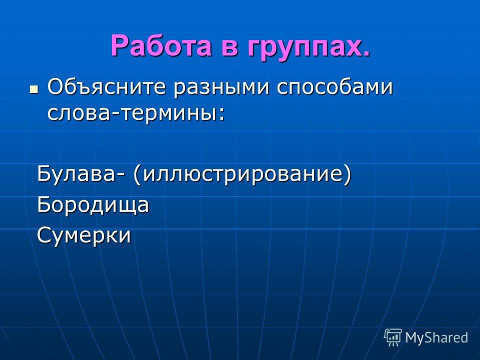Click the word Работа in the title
(161, 45)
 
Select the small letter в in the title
(229, 48)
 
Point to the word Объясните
(106, 87)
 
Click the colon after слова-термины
(221, 114)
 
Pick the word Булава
(78, 174)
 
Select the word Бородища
(93, 205)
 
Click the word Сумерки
(84, 235)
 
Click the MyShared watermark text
(436, 337)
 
